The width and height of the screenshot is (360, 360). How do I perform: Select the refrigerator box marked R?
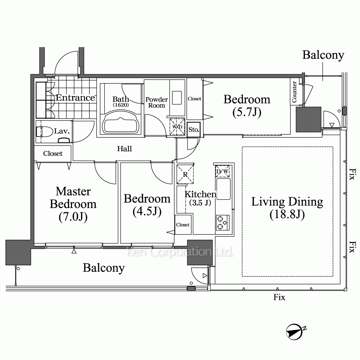185,174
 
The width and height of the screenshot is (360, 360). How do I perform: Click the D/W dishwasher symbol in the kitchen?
222,171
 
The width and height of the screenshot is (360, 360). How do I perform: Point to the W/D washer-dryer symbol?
177,127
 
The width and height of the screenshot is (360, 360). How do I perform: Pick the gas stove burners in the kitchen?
222,222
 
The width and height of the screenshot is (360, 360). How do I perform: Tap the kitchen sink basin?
224,189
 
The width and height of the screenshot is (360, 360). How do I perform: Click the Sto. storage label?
194,130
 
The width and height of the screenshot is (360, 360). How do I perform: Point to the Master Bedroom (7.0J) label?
73,204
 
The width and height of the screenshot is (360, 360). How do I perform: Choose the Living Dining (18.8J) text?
287,208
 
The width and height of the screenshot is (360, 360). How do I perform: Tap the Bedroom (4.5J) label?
147,205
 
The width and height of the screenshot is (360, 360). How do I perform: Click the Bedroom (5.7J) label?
247,105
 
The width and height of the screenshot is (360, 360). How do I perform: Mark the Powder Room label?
157,102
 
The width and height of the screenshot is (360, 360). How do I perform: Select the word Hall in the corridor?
125,149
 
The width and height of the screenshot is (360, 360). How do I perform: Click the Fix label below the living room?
279,297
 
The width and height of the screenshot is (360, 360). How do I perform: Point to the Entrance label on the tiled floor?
75,98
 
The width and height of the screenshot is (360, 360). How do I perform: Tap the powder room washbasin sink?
177,98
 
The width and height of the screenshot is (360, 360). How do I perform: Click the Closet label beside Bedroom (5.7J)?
194,99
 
